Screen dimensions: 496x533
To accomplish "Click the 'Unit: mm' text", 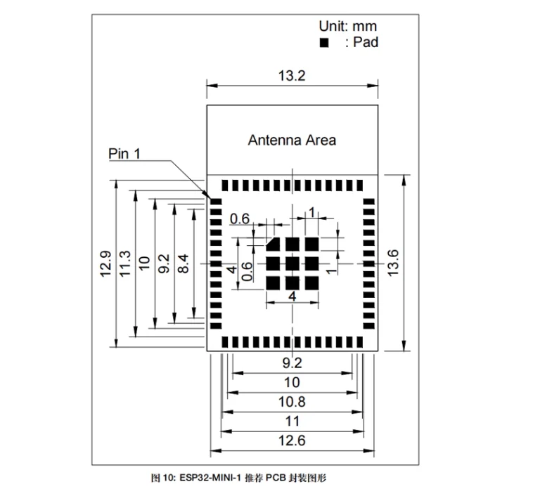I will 347,26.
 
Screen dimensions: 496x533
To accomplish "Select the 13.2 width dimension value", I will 292,76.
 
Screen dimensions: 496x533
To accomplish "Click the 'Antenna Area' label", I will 292,140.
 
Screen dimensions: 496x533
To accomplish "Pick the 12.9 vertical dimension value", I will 105,263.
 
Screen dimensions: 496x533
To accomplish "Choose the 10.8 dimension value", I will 292,402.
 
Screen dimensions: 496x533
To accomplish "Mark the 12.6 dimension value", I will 292,440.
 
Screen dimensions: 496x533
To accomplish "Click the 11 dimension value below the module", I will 292,422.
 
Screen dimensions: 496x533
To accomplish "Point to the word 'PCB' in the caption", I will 274,478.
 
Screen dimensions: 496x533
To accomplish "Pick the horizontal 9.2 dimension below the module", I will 292,363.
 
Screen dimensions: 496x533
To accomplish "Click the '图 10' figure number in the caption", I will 162,478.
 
